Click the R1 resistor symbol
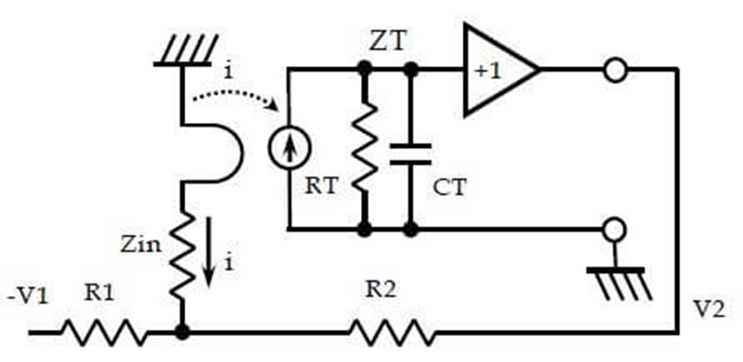(104, 332)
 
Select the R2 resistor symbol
(392, 332)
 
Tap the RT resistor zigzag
(365, 147)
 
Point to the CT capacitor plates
(410, 154)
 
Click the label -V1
(27, 298)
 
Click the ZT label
(389, 42)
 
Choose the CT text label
(450, 188)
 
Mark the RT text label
(322, 186)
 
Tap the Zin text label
(140, 245)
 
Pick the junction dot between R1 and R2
(182, 332)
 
